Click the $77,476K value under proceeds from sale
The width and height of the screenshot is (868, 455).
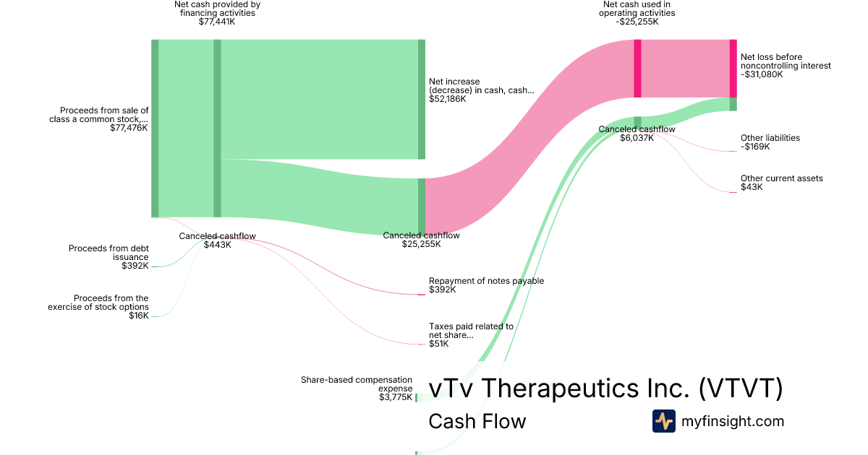[129, 128]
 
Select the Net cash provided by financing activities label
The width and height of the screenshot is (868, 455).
[217, 8]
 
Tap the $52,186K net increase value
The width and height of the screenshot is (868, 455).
[447, 99]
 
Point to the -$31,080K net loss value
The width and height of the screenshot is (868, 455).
[762, 74]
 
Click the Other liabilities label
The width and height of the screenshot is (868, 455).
[770, 138]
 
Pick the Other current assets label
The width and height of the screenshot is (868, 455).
[781, 178]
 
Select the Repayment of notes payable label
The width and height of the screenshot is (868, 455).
[486, 281]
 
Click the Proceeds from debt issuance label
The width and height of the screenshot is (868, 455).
[109, 253]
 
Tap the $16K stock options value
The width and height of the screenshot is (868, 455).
[139, 316]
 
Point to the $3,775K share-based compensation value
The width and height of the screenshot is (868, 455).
[396, 396]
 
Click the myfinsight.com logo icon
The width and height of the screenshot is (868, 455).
[663, 421]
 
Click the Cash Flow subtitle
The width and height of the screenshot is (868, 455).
[477, 421]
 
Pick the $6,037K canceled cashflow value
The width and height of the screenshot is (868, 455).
[637, 138]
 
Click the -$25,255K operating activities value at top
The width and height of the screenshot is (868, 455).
[637, 22]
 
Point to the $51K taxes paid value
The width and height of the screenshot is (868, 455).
[438, 344]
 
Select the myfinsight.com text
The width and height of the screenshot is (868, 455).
[733, 421]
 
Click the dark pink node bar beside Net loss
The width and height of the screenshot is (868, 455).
[733, 68]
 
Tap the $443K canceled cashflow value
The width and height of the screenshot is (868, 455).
[217, 245]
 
